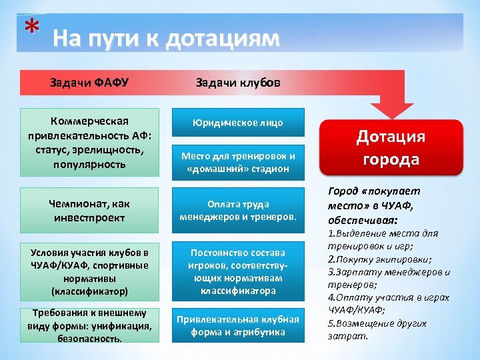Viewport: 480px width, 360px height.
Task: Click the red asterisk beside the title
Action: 30,27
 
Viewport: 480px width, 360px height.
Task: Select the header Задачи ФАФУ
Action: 89,83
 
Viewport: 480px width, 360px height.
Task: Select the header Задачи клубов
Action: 238,83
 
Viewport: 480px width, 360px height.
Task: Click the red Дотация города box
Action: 390,147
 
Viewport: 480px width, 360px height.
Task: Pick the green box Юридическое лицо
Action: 238,123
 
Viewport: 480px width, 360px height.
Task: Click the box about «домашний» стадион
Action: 238,162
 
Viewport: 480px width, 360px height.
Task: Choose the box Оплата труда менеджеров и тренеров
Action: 238,210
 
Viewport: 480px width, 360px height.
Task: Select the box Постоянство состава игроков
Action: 238,272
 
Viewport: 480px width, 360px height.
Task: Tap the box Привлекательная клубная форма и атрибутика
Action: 238,325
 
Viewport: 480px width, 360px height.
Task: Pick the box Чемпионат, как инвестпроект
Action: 89,210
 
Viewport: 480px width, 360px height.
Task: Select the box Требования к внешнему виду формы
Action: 89,325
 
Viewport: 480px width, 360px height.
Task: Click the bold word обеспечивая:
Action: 363,219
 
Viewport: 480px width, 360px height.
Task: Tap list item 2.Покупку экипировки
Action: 379,259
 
